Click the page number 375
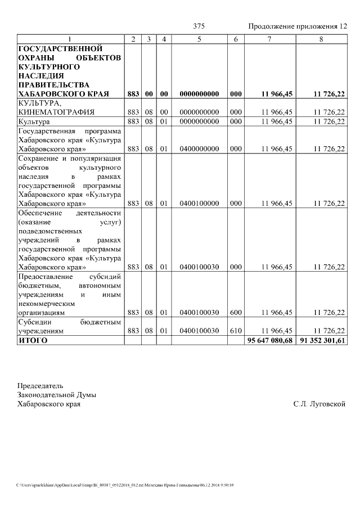coord(199,26)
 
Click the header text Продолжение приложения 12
coord(298,26)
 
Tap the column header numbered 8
coord(321,39)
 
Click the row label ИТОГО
coord(33,341)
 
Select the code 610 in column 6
coord(236,332)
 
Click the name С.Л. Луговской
coord(319,404)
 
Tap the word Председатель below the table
coord(40,386)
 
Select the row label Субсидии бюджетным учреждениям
coord(70,327)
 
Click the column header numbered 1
coord(70,39)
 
